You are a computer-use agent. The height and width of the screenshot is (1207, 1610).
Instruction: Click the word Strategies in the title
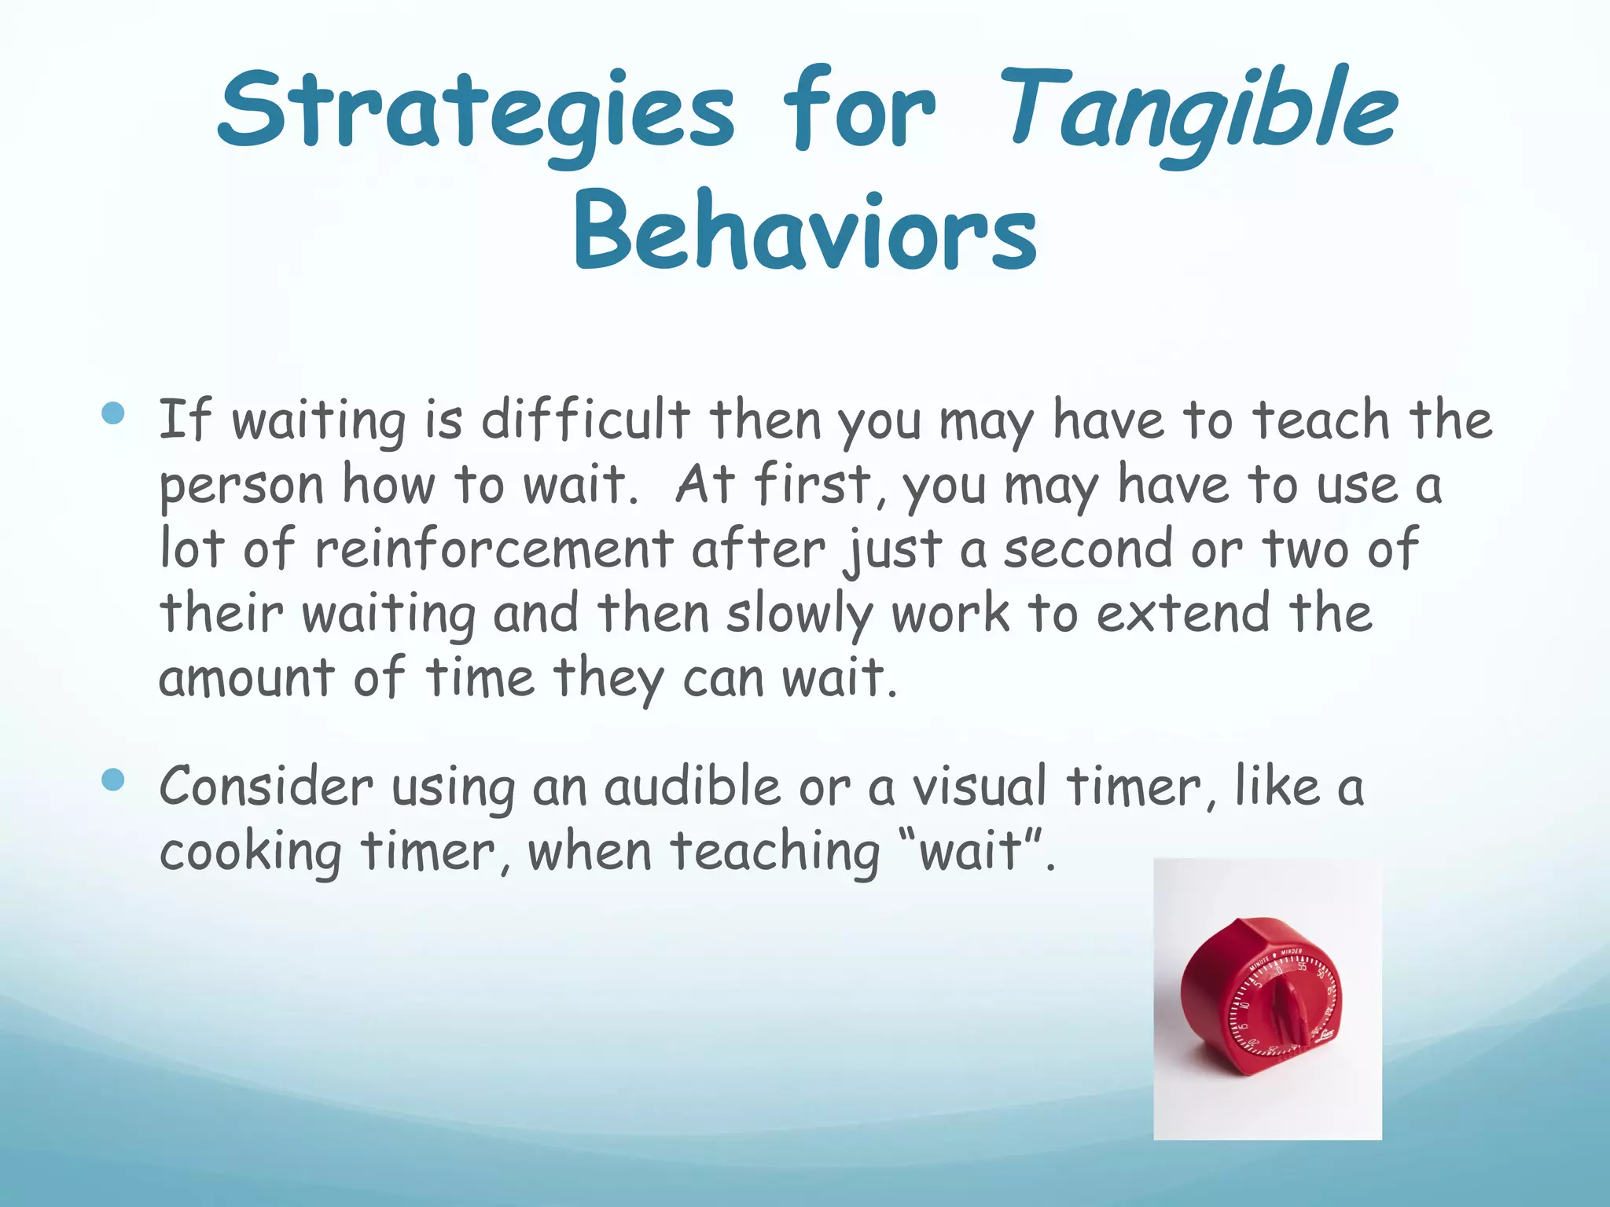pos(476,110)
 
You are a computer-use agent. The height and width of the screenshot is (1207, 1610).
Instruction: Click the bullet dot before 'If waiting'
pos(113,413)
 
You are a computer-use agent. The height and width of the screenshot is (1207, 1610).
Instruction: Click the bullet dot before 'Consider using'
pos(113,780)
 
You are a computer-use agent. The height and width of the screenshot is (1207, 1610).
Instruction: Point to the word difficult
pos(585,420)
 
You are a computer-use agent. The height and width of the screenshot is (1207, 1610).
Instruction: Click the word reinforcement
pos(494,548)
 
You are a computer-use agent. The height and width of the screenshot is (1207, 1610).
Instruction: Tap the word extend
pos(1183,613)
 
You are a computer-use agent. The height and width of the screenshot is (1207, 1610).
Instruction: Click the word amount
pos(246,677)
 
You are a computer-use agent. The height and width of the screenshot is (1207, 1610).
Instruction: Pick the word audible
pos(692,786)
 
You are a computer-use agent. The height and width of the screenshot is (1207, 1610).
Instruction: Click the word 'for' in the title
pos(858,110)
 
